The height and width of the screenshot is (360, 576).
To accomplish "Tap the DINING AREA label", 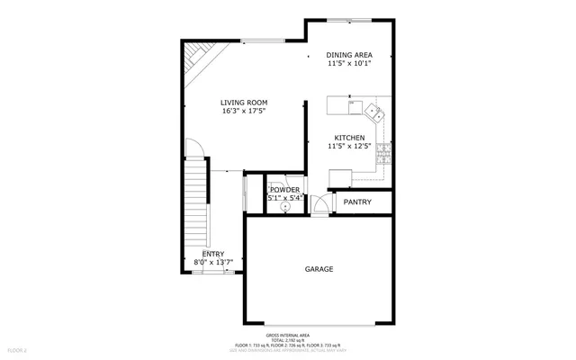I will click(348, 55).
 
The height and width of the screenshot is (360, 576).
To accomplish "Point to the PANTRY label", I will click(357, 202).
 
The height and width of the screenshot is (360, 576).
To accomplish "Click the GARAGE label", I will click(319, 269).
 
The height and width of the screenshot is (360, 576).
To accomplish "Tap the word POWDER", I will click(284, 190).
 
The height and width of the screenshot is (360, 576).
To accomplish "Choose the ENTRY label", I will click(213, 254).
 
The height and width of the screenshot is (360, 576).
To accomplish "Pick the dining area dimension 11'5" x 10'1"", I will click(348, 64).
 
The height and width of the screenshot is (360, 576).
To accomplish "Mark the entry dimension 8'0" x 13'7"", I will click(213, 263).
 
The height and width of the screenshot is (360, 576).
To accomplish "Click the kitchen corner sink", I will click(375, 112).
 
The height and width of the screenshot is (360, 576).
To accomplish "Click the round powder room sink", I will click(285, 206).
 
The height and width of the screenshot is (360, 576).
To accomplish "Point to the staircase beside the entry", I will click(195, 207).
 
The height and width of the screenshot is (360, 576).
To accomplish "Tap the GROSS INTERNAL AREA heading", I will click(288, 334).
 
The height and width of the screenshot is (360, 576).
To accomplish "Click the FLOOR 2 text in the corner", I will click(18, 349).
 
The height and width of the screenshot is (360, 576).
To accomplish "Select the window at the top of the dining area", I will click(349, 19).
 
